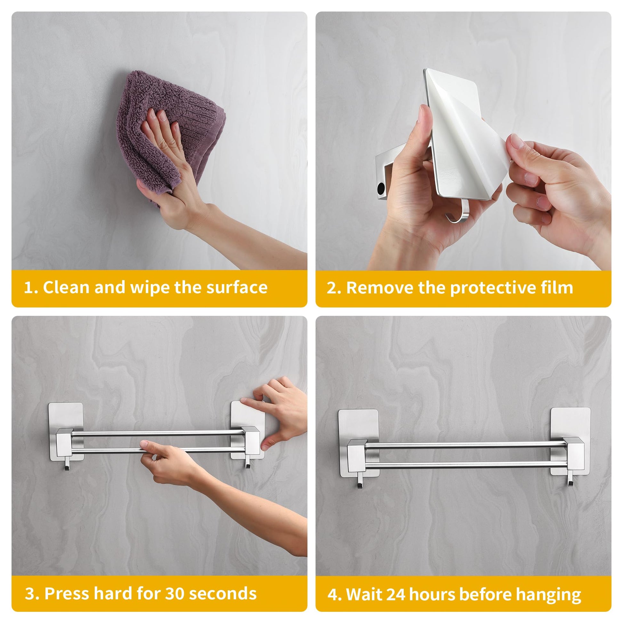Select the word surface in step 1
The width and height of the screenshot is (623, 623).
point(237,287)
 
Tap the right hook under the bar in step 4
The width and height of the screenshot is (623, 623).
point(570,479)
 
